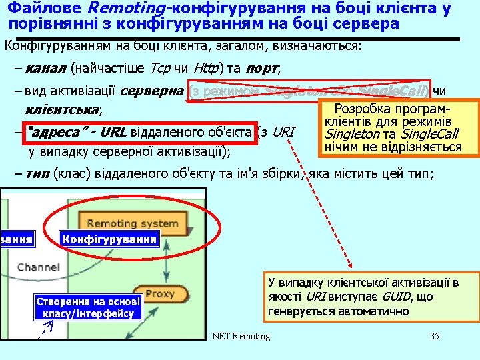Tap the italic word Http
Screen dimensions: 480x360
(x=207, y=68)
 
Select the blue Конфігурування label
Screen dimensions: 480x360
(x=110, y=239)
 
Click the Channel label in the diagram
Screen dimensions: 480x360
(x=38, y=267)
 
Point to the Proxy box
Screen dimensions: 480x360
(x=160, y=294)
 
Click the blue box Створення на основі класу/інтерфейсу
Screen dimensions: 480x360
(x=88, y=307)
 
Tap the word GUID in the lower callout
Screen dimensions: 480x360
(x=399, y=297)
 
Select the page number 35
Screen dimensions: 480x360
(x=435, y=336)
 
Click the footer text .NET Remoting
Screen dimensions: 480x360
(x=239, y=336)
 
